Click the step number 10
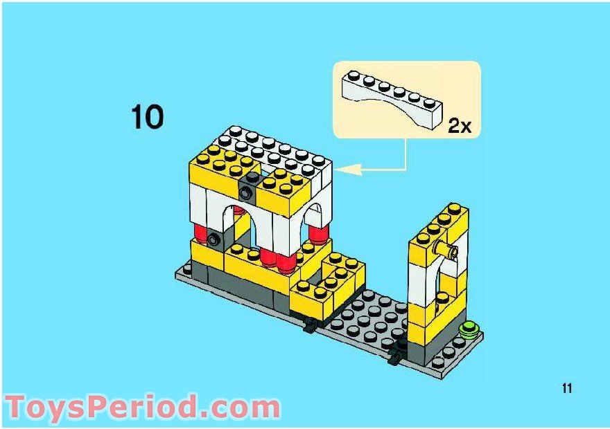point(148,117)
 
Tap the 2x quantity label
point(460,125)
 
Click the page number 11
point(567,388)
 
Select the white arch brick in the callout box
point(392,100)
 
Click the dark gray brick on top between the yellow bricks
point(250,186)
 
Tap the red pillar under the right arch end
point(319,235)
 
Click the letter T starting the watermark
point(17,407)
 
